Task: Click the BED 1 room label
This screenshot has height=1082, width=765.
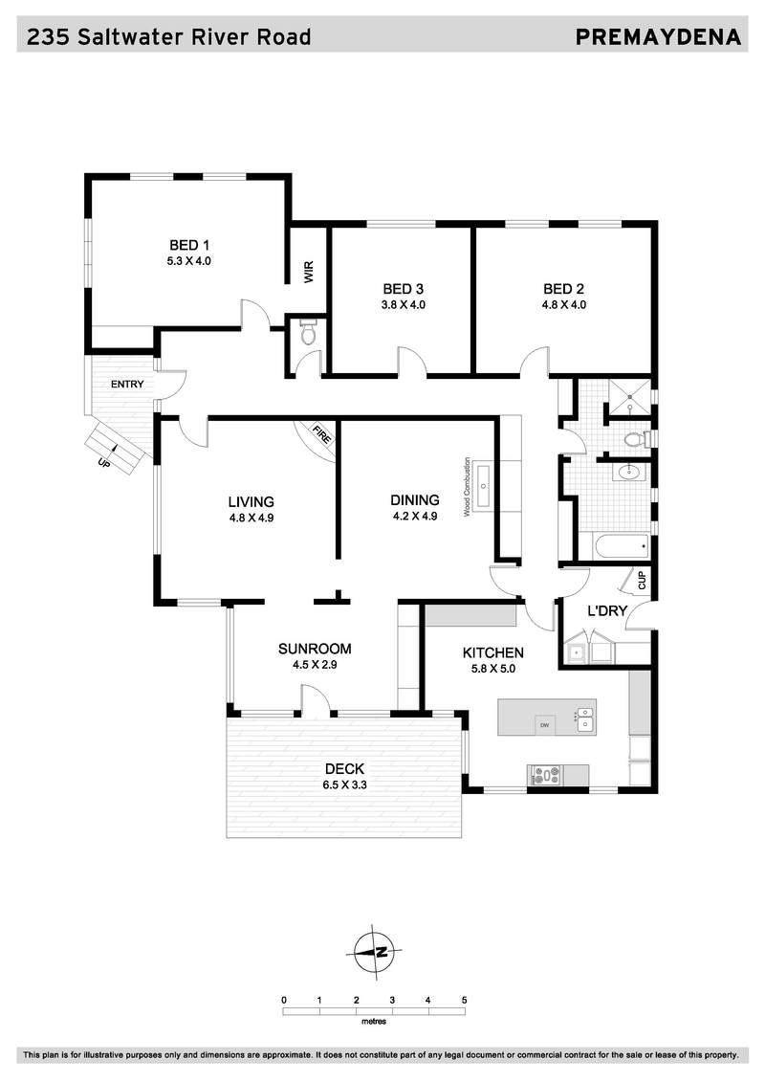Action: click(x=189, y=245)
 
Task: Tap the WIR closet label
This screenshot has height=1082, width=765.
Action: click(x=308, y=271)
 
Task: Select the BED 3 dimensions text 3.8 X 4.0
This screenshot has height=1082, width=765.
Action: click(x=403, y=304)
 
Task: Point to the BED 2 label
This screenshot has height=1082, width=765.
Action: click(x=563, y=289)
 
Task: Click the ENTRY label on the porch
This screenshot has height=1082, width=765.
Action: click(x=127, y=384)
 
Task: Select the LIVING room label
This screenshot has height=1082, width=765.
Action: click(x=251, y=501)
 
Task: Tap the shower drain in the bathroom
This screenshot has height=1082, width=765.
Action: click(x=628, y=397)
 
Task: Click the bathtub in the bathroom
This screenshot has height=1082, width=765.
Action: click(x=622, y=548)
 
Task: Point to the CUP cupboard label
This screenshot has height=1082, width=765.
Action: click(x=642, y=581)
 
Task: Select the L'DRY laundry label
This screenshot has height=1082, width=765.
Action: click(x=607, y=610)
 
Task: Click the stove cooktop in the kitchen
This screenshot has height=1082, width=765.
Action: click(x=544, y=776)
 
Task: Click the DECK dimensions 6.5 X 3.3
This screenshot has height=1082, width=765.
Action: click(x=344, y=784)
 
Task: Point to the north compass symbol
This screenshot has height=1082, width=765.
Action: click(x=373, y=952)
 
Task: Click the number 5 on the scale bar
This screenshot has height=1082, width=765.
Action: click(x=464, y=1000)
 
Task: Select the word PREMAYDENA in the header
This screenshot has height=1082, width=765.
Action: click(x=658, y=36)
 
